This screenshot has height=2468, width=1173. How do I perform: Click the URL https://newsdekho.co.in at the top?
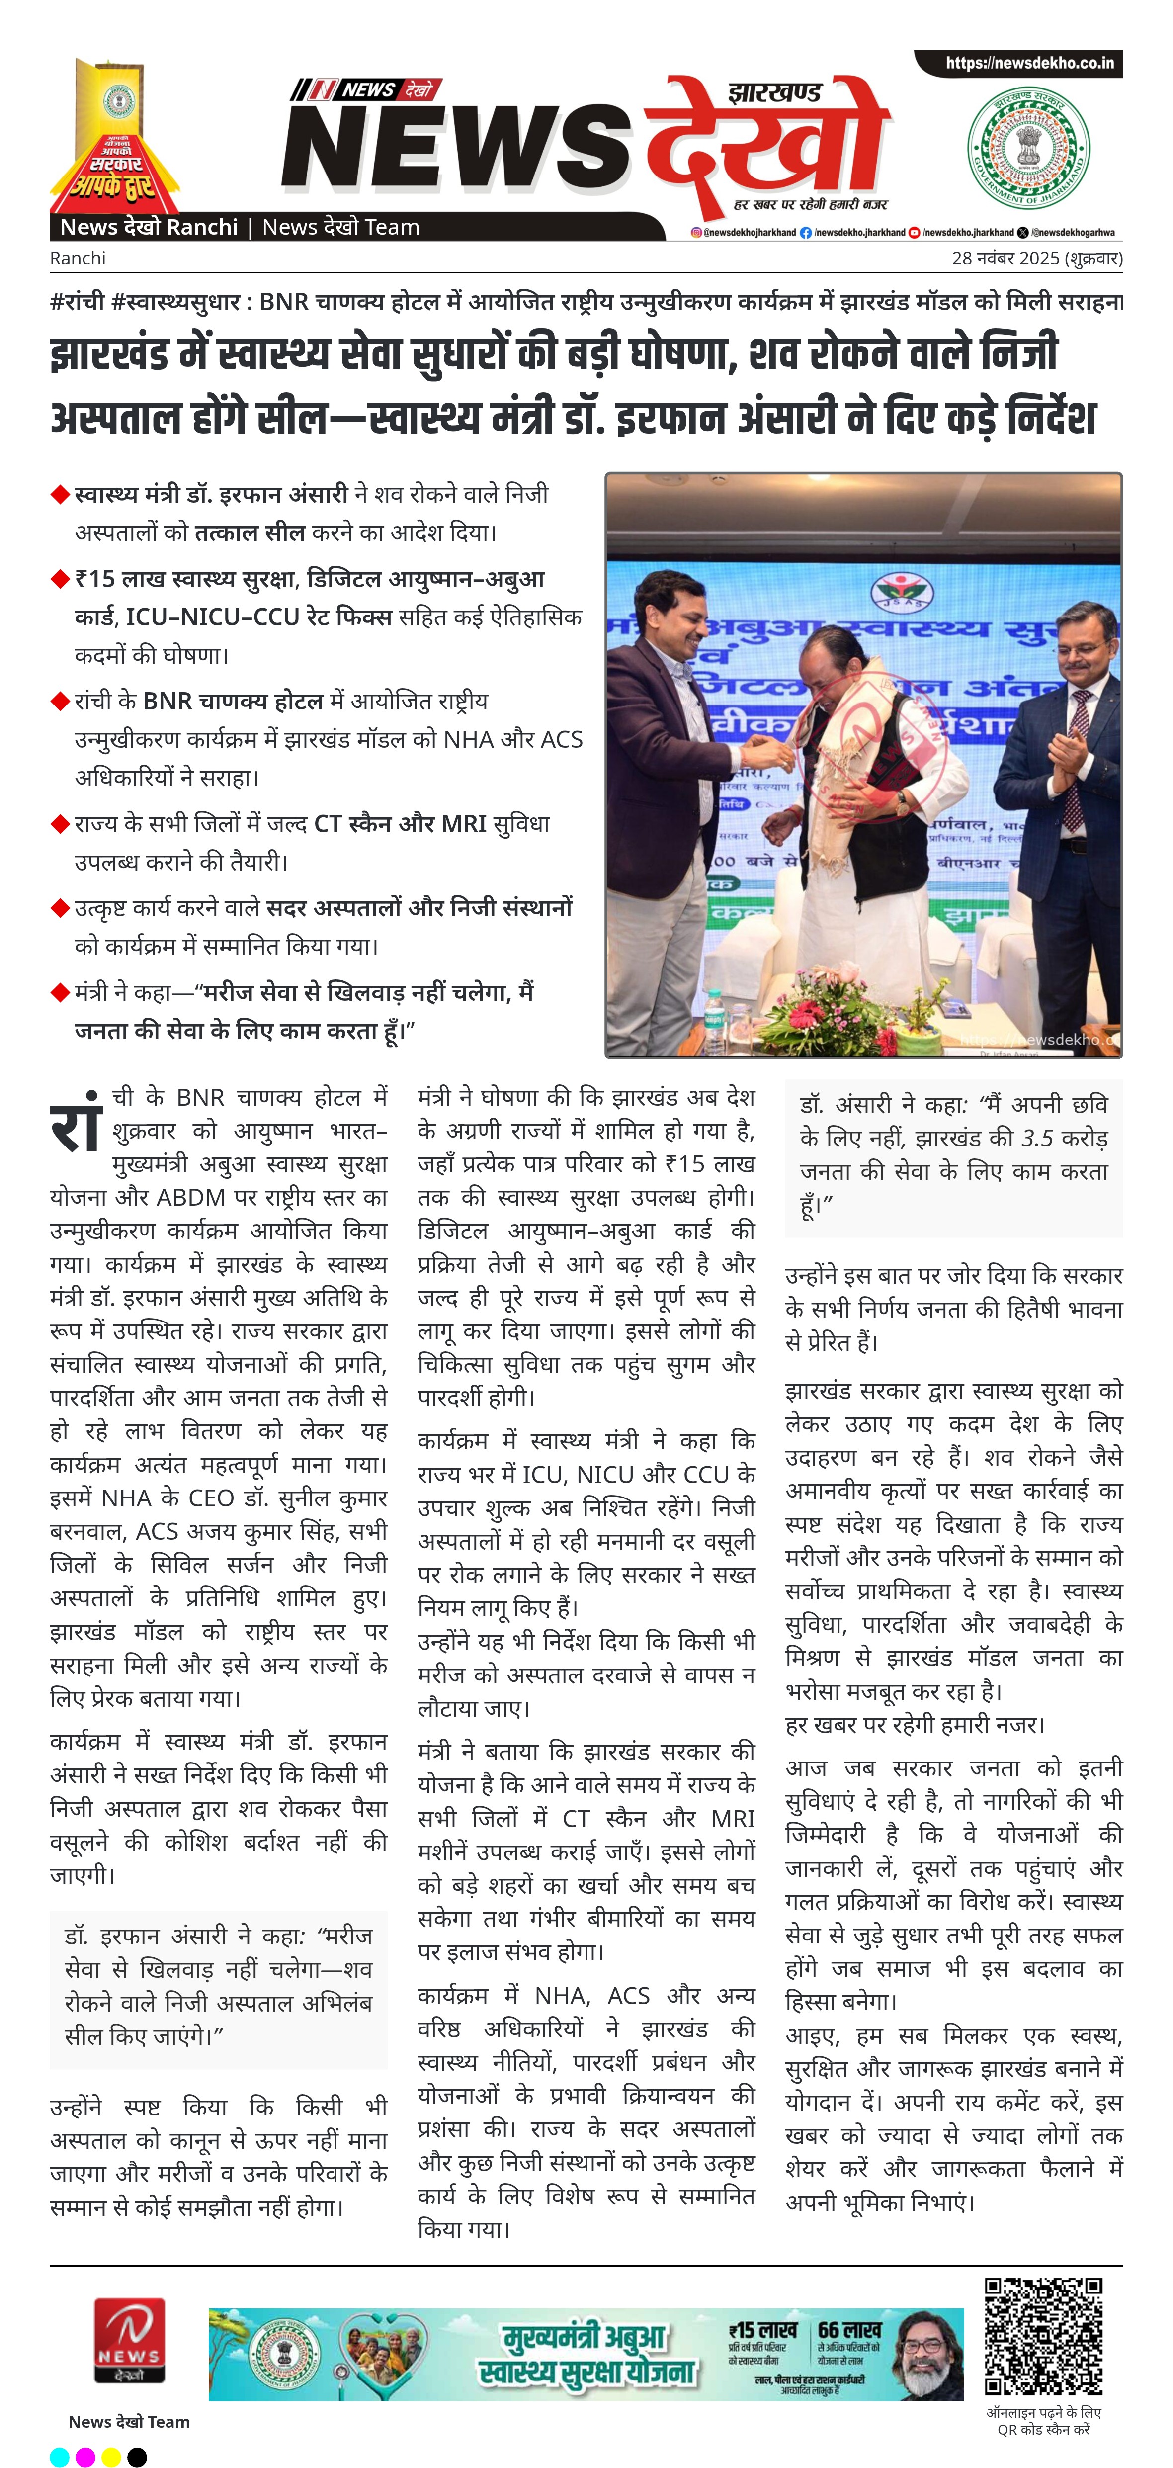click(x=1029, y=63)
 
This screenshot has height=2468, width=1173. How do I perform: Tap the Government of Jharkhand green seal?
click(x=1028, y=149)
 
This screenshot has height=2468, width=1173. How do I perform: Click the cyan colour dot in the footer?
click(x=59, y=2457)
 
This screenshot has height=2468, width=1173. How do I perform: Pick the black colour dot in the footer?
click(x=137, y=2457)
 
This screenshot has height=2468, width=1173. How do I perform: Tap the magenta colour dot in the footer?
click(x=85, y=2457)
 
